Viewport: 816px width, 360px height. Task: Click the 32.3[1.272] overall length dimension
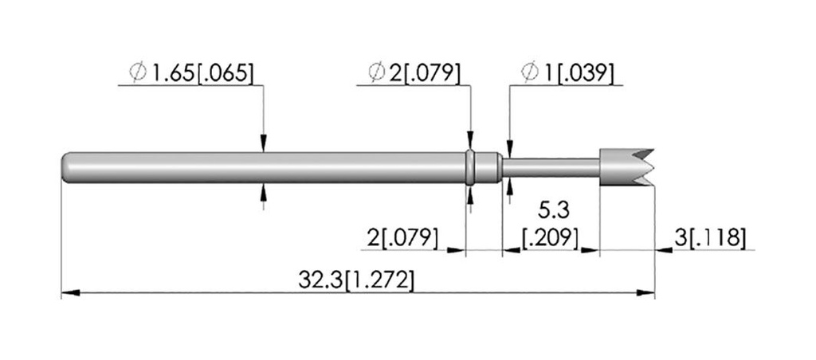click(x=356, y=281)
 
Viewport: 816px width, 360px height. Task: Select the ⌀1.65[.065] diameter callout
click(x=191, y=72)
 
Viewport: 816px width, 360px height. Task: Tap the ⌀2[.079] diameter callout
click(x=414, y=72)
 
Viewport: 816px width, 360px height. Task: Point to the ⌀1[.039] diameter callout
click(x=567, y=72)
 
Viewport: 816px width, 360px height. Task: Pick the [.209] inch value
click(x=551, y=238)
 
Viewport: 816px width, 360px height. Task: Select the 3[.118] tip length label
click(x=710, y=238)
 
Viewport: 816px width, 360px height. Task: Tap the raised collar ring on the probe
click(x=470, y=167)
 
